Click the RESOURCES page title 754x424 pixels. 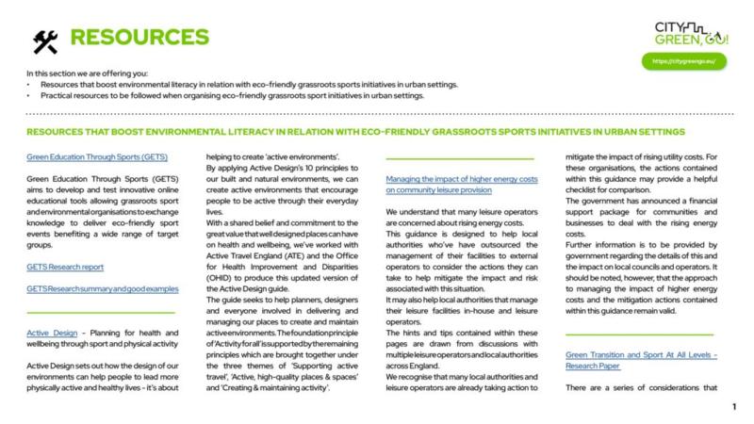[139, 38]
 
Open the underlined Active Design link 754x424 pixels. [50, 332]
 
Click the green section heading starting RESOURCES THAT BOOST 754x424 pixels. [355, 132]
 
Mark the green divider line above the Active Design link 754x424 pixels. [101, 311]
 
